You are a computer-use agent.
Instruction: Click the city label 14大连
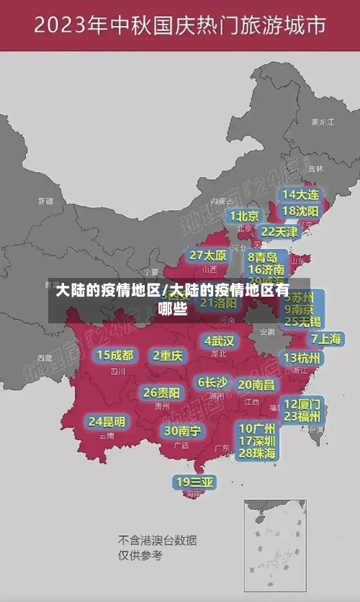[300, 194]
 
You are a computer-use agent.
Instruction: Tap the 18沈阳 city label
[300, 210]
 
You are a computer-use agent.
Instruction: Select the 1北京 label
[244, 215]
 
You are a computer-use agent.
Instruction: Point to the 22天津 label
[279, 231]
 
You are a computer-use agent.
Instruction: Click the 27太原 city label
[208, 255]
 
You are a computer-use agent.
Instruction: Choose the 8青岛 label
[263, 256]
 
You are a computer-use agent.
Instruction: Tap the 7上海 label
[325, 338]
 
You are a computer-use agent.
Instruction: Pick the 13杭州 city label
[303, 357]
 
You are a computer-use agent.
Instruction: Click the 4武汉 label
[219, 340]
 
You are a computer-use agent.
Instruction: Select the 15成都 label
[115, 354]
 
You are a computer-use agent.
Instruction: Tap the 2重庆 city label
[168, 355]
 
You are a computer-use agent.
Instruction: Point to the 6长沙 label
[212, 382]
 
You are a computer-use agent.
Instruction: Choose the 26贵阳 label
[161, 392]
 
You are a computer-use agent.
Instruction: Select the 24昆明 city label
[107, 421]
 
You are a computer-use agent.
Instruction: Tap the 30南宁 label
[183, 431]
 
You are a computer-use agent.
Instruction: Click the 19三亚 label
[194, 482]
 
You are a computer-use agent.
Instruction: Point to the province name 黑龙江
[322, 122]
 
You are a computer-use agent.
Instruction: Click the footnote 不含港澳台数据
[157, 540]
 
